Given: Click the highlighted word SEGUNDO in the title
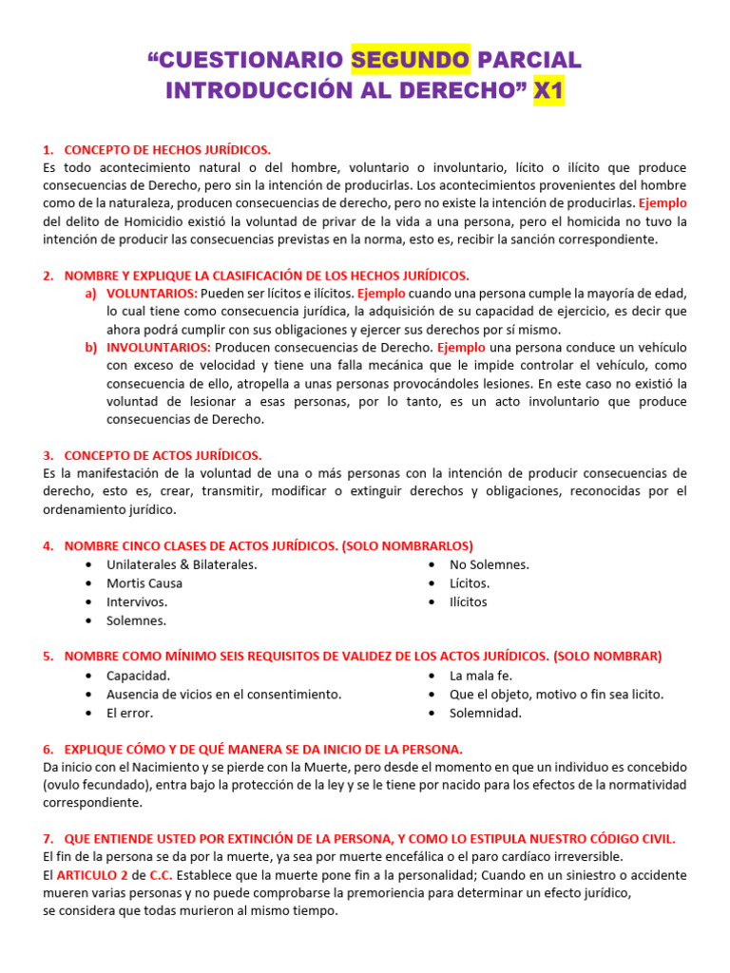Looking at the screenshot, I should pos(410,61).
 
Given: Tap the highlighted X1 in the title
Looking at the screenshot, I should pos(548,91).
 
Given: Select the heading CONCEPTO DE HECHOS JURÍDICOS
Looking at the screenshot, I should pos(167,150).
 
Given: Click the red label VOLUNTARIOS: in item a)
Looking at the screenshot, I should pos(152,294).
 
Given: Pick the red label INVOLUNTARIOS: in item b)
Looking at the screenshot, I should pos(159,348).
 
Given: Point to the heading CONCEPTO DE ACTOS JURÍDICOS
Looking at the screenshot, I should pos(163,455).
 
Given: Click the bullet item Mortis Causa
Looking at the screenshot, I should pos(144,583).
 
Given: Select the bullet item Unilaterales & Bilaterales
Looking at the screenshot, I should pos(182,564).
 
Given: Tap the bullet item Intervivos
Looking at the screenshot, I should pos(137,601).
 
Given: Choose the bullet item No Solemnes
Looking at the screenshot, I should pos(490,564).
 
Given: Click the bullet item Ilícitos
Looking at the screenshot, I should pos(469,601).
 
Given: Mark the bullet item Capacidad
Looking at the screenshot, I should pos(139,676).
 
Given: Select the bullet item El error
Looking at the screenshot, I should pos(130,713).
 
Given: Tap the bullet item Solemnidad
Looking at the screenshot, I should pos(486,713).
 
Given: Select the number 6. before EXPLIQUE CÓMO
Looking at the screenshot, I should pos(48,749).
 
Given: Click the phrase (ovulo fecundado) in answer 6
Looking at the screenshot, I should pos(94,785).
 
